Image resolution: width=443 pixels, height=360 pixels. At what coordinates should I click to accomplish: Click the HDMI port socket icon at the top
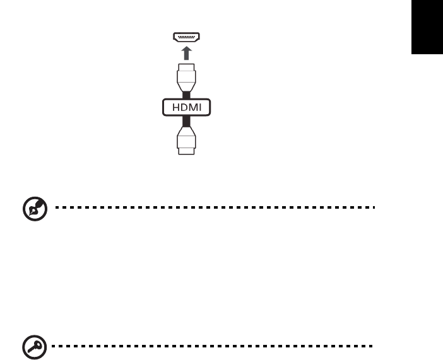186,38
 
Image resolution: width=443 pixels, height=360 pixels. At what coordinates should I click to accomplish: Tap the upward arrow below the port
186,52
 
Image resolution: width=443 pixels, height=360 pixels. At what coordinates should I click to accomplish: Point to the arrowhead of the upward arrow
186,49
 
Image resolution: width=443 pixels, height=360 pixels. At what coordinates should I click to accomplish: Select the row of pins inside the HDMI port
186,37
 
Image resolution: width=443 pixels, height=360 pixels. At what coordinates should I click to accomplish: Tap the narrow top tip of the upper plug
186,66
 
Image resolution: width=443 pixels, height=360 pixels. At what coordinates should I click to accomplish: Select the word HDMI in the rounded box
186,108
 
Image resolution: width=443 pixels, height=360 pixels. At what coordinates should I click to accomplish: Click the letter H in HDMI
171,108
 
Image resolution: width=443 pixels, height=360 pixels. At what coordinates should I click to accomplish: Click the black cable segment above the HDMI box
186,94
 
